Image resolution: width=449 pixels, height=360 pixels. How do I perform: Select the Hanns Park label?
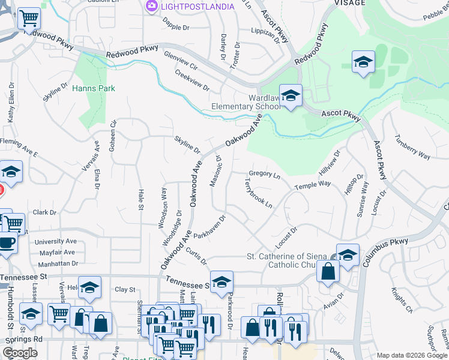point(93,88)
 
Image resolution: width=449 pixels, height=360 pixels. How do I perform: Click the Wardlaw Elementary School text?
point(246,103)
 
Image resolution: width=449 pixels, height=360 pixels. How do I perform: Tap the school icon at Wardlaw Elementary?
point(291,95)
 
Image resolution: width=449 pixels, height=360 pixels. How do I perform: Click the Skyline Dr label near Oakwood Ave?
point(187,144)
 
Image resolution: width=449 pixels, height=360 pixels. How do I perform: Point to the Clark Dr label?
point(44,212)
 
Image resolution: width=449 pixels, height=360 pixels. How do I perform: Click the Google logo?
point(20,353)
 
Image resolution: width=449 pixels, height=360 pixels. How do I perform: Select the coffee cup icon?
point(7,242)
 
